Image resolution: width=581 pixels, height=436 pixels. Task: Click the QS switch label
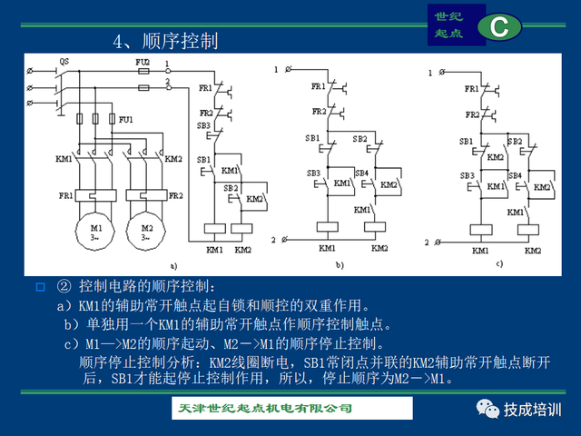[64, 61]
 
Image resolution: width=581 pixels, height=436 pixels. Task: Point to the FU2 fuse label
[143, 61]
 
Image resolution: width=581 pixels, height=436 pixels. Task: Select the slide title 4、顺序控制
[165, 42]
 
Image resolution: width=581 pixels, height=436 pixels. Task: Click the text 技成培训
[534, 409]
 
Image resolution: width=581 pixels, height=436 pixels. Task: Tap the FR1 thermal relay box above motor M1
[92, 195]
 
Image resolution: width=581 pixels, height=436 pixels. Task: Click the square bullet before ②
[40, 288]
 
